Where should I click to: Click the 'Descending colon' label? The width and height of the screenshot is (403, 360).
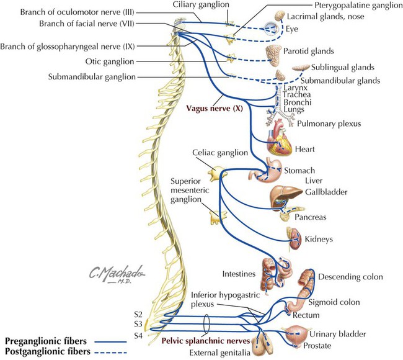click(350, 276)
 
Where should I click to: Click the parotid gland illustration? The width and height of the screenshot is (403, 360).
click(273, 52)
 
